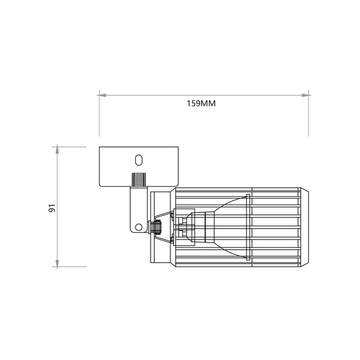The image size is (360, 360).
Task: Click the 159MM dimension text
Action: click(x=201, y=103)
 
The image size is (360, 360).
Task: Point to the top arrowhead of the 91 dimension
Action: click(x=57, y=149)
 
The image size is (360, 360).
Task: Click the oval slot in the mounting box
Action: click(x=139, y=160)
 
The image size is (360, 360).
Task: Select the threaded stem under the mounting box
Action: click(x=139, y=180)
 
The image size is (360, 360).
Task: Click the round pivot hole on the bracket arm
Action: click(x=139, y=227)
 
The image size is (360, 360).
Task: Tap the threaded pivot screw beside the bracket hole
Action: click(x=157, y=227)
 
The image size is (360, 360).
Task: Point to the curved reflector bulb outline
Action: click(x=231, y=207)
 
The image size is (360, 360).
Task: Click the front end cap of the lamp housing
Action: click(x=304, y=227)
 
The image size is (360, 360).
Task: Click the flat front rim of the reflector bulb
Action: click(x=249, y=227)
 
